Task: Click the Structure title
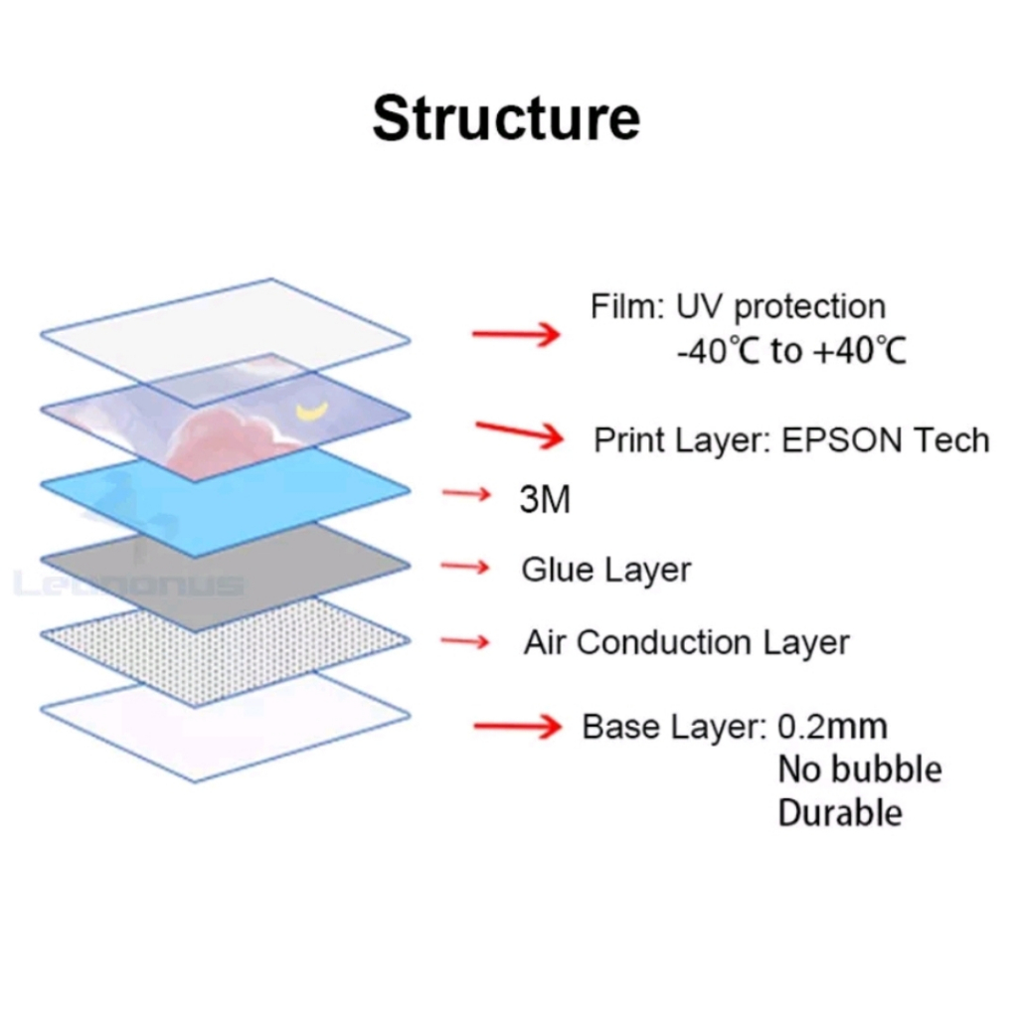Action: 506,118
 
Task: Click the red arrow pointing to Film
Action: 516,334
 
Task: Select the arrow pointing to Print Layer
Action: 520,433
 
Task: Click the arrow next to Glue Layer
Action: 465,567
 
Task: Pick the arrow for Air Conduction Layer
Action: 465,642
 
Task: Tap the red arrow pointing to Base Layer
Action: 518,728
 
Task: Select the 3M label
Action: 545,500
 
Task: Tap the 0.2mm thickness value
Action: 832,727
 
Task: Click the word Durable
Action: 840,813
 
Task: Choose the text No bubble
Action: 859,769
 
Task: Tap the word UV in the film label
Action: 700,307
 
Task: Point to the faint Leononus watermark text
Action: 129,584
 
